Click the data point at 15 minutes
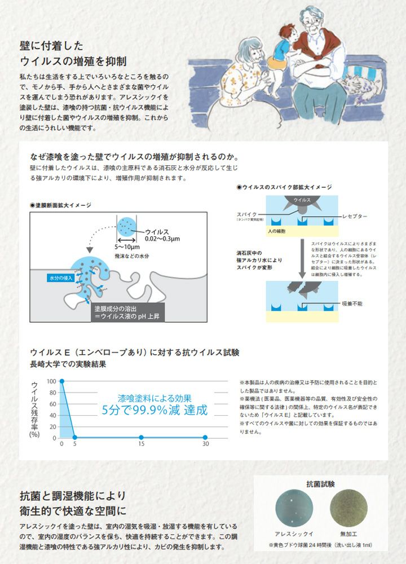[141, 438]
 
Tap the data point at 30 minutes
[205, 438]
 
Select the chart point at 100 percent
[61, 381]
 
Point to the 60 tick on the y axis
[52, 404]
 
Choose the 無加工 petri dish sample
[346, 510]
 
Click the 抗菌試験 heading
[320, 484]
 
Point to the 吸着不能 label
[354, 303]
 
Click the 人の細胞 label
[277, 231]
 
